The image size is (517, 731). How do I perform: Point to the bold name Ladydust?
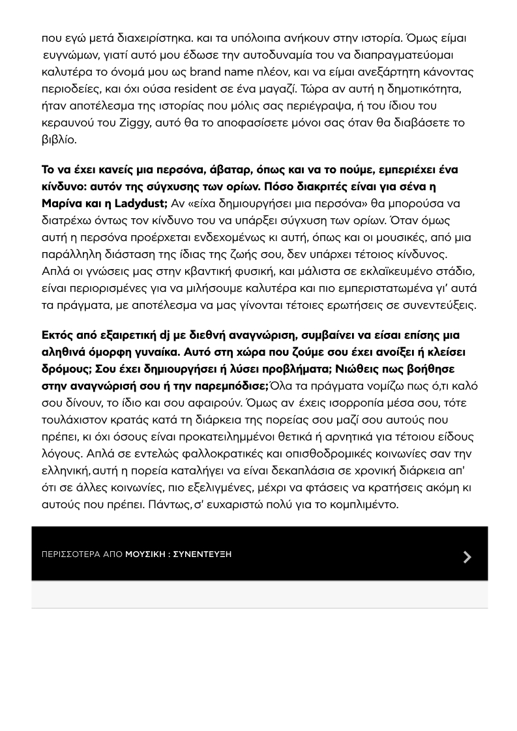point(141,203)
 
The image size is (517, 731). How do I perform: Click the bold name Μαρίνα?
point(62,203)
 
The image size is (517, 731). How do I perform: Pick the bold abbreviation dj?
point(165,335)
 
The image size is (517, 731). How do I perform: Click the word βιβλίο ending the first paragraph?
point(58,139)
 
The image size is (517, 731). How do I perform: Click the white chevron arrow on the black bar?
point(467,556)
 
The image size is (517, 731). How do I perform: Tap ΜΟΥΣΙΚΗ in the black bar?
point(145,554)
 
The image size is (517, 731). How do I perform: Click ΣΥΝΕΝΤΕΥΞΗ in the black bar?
point(202,554)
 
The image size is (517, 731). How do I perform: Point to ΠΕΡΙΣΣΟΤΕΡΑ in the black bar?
point(71,554)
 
